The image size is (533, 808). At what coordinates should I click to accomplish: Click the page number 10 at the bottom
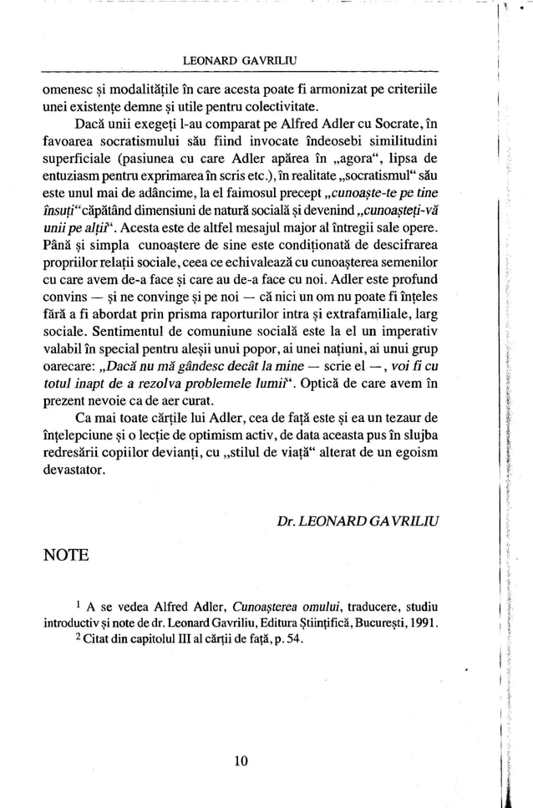point(241,760)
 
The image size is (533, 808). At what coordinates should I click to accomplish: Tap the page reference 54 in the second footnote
point(282,640)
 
